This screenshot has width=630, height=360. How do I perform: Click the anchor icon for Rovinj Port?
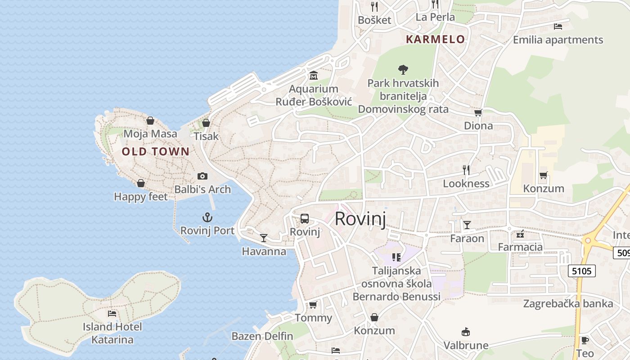coord(207,218)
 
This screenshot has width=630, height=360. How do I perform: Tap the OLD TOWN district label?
coord(156,152)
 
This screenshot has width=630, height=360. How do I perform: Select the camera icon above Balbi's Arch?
coord(202,176)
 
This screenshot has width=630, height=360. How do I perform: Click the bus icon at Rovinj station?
coord(305,219)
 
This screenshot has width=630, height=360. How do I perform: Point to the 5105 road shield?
coord(582,271)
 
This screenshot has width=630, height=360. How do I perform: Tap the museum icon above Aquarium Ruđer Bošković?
coord(314,75)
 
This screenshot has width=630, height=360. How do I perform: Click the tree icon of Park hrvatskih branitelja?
coord(403,70)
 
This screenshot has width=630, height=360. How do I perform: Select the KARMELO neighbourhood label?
coord(435,39)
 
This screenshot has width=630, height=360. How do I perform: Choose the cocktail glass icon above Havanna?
coord(264,238)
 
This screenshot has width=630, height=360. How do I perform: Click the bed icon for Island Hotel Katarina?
coord(112,313)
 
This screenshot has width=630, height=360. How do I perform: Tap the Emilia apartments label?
coord(558,40)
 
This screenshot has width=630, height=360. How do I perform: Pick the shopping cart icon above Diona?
coord(478,112)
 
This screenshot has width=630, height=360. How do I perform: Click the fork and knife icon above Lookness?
coord(466,170)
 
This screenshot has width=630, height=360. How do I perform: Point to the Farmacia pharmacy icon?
coord(521,234)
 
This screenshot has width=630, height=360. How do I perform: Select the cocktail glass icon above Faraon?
coord(467,225)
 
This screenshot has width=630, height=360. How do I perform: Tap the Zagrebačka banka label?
coord(568,303)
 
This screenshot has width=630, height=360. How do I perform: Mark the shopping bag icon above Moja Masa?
coord(150,121)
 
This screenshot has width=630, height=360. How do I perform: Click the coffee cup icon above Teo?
coord(585,340)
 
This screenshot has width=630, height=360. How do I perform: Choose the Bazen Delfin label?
coord(262,336)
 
